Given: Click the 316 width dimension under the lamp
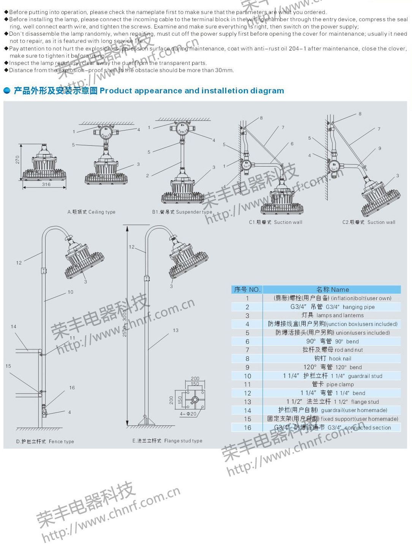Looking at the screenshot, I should point(46,184).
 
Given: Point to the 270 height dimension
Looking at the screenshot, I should point(17,160).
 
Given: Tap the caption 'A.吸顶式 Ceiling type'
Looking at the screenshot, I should point(92,212).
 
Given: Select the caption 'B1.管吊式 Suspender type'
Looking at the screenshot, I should point(182,212).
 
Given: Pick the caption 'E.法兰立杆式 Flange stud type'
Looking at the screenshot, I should point(167,441).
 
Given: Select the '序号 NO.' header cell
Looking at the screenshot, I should point(247,290).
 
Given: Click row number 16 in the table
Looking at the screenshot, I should point(248,428).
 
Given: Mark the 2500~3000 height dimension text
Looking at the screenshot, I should point(125,323).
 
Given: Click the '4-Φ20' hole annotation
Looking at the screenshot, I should point(188,414).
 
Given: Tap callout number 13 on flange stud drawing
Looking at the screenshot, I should point(175,331).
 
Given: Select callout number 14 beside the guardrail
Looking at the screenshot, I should point(14,326).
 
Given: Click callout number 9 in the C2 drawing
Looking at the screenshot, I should point(379,148).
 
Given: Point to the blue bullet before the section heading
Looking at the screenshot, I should point(7,91).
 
